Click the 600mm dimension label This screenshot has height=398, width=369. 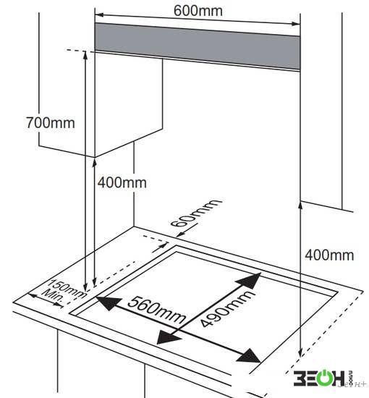(x=198, y=11)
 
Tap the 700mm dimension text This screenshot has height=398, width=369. (x=51, y=122)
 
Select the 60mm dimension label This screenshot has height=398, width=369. (x=195, y=213)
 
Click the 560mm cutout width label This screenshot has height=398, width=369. (x=156, y=310)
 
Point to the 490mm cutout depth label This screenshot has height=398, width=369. (x=226, y=309)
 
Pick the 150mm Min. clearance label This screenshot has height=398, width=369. (x=64, y=291)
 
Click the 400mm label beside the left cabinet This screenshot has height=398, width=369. (x=122, y=182)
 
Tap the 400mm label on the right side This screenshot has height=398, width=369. (x=329, y=255)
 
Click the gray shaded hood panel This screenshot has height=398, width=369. (x=198, y=46)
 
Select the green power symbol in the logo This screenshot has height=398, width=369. (x=323, y=378)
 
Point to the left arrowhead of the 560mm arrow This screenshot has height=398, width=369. (x=108, y=302)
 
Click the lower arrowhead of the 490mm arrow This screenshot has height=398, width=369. (x=167, y=337)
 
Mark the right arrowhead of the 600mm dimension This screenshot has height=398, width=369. (x=296, y=24)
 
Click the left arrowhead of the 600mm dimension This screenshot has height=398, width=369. (x=99, y=14)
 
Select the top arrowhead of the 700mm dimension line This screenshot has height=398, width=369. (x=85, y=55)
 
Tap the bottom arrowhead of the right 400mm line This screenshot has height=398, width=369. (x=300, y=352)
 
